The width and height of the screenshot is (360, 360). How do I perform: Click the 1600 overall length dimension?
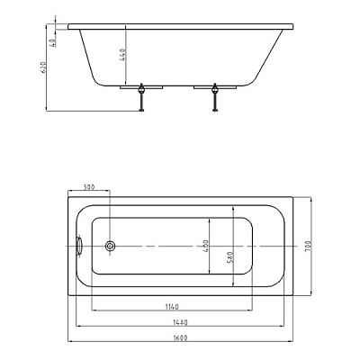180,337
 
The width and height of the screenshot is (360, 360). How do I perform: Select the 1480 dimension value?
180,322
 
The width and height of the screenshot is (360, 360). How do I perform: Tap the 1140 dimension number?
172,307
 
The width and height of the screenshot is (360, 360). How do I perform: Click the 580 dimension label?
229,257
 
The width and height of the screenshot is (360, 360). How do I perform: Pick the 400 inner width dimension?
206,246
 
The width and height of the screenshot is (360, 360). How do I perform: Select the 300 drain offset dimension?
89,187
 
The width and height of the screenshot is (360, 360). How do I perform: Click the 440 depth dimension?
122,55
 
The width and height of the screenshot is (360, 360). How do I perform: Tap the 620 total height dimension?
43,68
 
